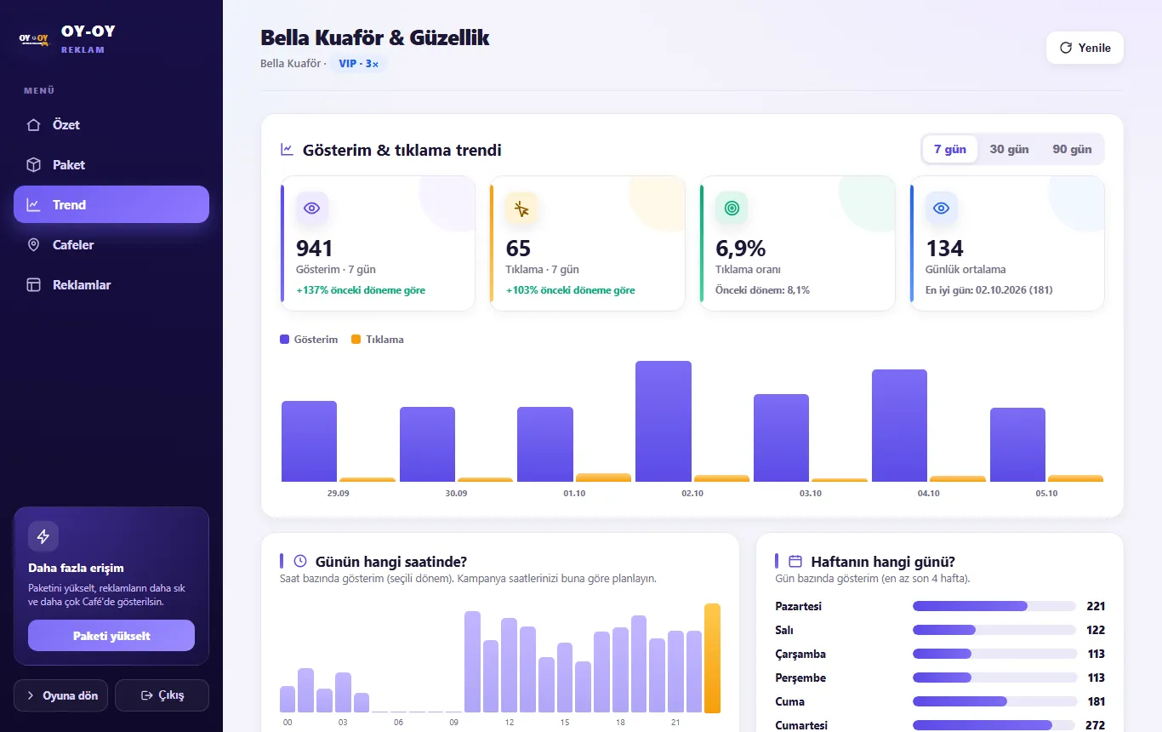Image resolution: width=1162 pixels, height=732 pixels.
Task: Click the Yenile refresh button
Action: click(1085, 48)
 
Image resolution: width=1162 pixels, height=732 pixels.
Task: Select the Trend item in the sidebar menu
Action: click(111, 204)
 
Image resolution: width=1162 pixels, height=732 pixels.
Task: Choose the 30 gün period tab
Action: click(1009, 150)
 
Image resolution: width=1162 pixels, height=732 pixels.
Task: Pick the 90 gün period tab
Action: click(1072, 150)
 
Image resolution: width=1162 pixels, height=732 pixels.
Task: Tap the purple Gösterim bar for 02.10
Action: click(664, 421)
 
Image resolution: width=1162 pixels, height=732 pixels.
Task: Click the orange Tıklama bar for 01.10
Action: click(603, 478)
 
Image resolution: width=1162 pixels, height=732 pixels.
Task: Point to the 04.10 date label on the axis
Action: click(929, 493)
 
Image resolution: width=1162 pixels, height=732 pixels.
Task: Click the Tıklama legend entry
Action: click(378, 340)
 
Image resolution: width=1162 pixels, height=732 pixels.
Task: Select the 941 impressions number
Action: click(314, 249)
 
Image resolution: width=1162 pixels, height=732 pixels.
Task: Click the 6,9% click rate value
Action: click(740, 249)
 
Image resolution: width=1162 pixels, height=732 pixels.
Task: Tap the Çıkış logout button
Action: click(162, 695)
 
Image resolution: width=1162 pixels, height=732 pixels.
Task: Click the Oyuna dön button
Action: click(60, 695)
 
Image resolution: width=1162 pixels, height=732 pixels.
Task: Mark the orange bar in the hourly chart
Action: click(712, 658)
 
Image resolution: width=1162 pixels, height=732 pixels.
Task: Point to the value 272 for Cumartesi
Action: click(1095, 725)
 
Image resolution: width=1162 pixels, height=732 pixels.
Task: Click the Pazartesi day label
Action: click(799, 606)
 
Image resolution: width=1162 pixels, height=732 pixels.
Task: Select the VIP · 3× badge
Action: click(358, 63)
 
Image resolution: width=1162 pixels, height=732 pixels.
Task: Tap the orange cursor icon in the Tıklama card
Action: click(521, 209)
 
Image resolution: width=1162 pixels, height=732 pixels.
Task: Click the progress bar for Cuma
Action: click(994, 701)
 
